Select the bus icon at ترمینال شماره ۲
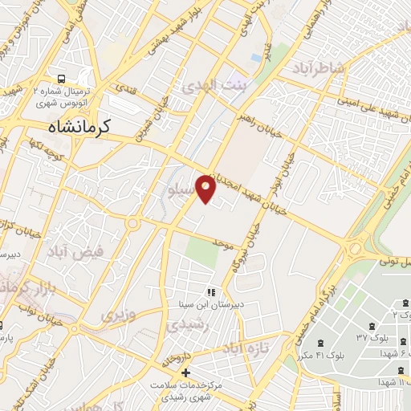[x=62, y=79]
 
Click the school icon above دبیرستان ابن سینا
[x=212, y=293]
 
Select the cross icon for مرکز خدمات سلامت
[x=185, y=372]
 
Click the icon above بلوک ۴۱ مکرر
[x=328, y=343]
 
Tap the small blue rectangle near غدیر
[x=255, y=58]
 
